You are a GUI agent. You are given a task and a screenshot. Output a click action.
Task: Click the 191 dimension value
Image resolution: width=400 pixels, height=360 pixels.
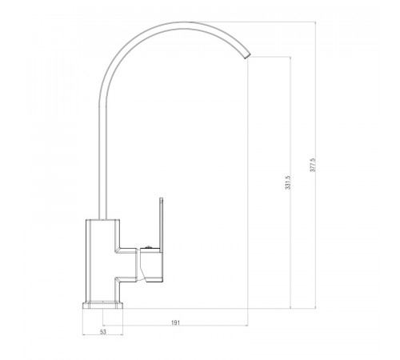(175, 322)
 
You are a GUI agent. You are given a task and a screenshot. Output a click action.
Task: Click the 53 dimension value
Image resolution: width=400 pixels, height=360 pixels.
(103, 332)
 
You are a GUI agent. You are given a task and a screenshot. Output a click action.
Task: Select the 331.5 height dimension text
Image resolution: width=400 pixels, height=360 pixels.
(288, 182)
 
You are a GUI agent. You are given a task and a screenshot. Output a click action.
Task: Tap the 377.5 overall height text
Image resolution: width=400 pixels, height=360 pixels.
(313, 165)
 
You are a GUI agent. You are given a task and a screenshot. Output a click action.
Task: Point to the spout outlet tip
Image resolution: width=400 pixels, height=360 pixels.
(247, 55)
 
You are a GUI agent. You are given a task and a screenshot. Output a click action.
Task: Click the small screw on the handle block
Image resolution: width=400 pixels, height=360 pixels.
(149, 247)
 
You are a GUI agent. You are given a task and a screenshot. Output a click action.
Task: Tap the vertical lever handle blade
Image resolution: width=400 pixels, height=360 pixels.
(161, 223)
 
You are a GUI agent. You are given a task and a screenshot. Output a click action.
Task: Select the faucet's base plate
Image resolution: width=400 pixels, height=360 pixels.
(102, 305)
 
